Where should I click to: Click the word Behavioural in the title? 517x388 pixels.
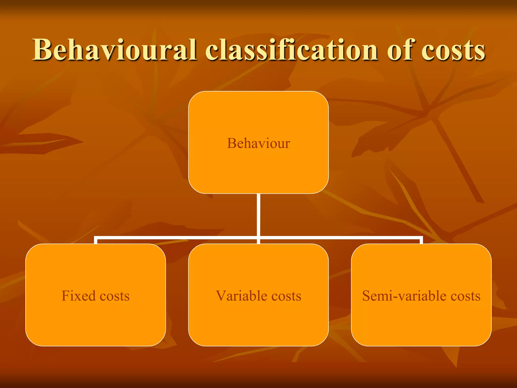(114, 50)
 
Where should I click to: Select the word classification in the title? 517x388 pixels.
(292, 50)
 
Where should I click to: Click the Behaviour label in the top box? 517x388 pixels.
(258, 143)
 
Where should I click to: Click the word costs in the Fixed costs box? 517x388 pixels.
(115, 296)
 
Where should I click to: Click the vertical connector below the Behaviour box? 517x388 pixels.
(258, 215)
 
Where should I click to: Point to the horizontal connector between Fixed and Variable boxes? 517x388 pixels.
(177, 237)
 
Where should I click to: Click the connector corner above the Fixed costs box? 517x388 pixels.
(96, 238)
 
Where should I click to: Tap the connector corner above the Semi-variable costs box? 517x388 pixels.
(421, 238)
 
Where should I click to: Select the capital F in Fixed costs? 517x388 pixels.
(65, 296)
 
